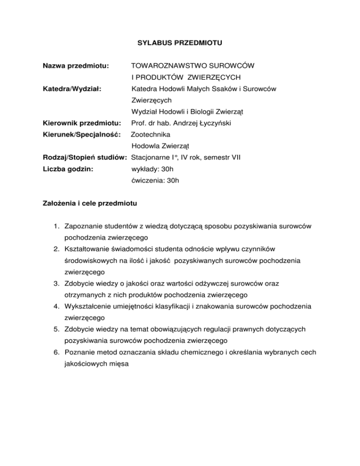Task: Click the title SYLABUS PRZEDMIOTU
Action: pyautogui.click(x=180, y=44)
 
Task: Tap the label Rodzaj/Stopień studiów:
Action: pyautogui.click(x=86, y=158)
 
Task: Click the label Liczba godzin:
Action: pyautogui.click(x=66, y=169)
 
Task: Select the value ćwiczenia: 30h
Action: pyautogui.click(x=155, y=180)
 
